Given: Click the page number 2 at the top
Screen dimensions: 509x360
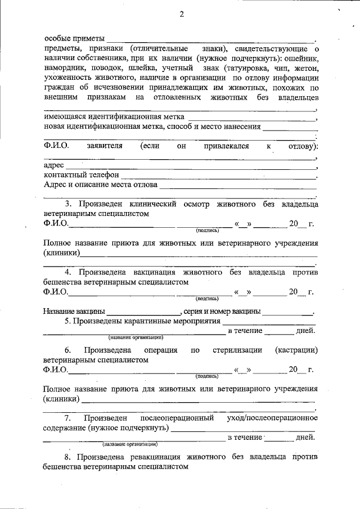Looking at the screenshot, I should point(181,14).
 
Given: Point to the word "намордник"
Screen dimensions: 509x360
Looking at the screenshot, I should point(63,68).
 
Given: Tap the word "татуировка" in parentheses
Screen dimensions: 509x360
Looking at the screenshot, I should point(246,68).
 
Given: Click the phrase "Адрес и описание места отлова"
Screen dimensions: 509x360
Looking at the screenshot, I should point(101,184).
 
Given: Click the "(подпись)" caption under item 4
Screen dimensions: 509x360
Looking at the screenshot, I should point(208,299).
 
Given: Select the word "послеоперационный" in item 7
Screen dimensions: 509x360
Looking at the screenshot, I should point(177,418).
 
